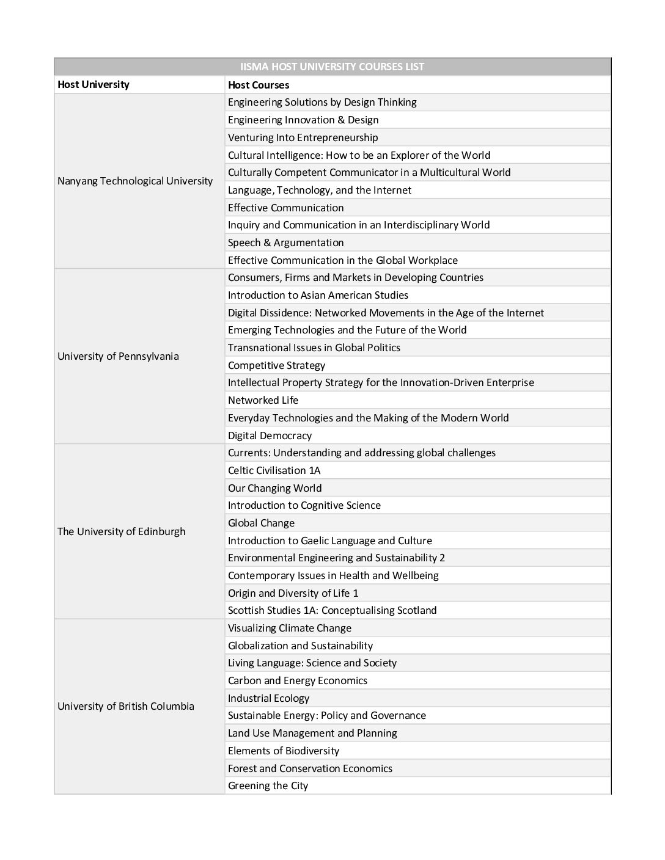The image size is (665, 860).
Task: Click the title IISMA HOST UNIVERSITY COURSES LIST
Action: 332,67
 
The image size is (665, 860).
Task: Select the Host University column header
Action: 94,84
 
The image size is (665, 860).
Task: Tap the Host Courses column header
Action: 259,85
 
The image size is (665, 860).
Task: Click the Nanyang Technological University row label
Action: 135,181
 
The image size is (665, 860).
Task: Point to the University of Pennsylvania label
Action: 118,356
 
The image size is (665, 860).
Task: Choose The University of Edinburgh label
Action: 121,531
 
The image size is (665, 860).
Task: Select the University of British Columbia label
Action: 126,706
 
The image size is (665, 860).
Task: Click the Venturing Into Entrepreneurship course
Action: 303,137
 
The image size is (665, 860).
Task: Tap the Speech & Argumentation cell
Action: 285,242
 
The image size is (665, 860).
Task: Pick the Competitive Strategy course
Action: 276,365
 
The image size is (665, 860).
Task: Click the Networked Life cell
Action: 263,400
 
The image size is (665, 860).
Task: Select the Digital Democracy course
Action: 270,435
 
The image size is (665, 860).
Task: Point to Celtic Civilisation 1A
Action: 274,470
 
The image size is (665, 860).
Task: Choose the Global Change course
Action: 261,523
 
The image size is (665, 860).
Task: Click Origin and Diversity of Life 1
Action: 293,593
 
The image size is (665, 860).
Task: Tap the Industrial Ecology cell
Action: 268,698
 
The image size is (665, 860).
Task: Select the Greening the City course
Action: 268,785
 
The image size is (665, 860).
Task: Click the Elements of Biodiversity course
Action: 283,751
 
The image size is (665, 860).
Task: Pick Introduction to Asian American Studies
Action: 318,295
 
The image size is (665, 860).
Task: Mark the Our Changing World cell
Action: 274,488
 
